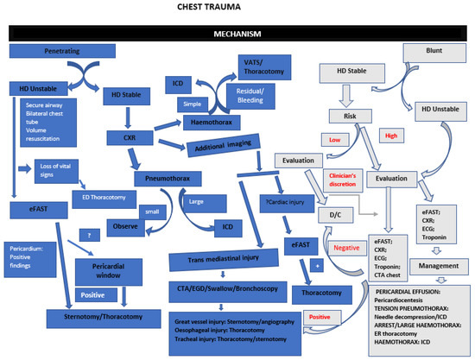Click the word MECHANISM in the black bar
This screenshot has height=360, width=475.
click(x=237, y=34)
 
